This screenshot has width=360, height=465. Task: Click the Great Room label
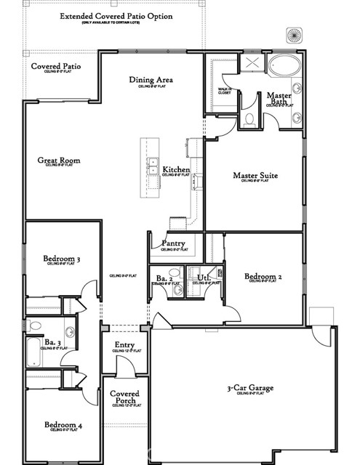pos(59,161)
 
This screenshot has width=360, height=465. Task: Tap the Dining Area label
pos(155,80)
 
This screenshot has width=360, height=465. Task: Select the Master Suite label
pos(255,175)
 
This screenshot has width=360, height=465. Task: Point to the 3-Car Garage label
pos(249,389)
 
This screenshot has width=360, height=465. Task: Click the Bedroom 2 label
pos(263,277)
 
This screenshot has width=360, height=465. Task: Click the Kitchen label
pos(176,170)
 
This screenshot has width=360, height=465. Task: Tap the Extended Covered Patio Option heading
pos(116,15)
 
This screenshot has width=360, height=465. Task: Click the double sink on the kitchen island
pos(153,165)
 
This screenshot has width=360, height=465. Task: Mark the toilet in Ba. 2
pos(177,291)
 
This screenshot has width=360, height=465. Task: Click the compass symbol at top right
pos(295,35)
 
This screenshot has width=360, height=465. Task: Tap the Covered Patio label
pos(55,67)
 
